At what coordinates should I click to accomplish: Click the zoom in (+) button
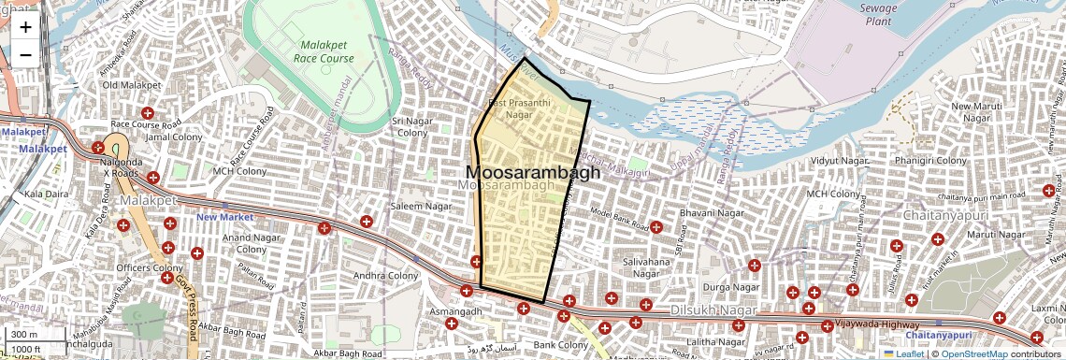coord(25,27)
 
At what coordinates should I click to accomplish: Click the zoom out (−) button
coord(25,54)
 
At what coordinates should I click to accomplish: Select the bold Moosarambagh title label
coord(532,173)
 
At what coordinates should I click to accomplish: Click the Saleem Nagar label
coord(421,206)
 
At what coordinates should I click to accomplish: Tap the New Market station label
coord(224,218)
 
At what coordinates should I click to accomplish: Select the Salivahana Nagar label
coord(647,267)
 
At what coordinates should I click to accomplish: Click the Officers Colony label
coord(149,268)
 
